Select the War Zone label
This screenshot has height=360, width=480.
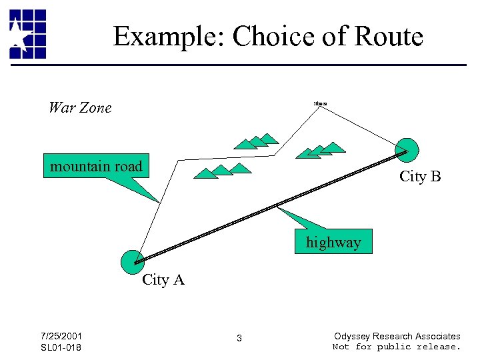[x=80, y=107]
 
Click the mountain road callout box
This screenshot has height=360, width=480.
[x=97, y=166]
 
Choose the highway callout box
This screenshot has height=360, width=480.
[x=333, y=242]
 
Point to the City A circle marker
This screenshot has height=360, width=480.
[x=133, y=261]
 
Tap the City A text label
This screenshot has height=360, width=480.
[x=163, y=280]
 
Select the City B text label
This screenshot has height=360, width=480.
[x=420, y=177]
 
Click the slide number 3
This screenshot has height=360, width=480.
[x=239, y=339]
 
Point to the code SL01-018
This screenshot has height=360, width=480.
[x=61, y=347]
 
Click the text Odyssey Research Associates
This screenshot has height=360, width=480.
[x=397, y=336]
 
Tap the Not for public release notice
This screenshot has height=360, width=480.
[x=397, y=347]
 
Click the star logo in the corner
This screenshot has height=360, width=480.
[x=27, y=34]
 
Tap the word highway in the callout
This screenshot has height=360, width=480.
[x=333, y=242]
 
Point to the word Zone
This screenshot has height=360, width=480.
[x=96, y=107]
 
